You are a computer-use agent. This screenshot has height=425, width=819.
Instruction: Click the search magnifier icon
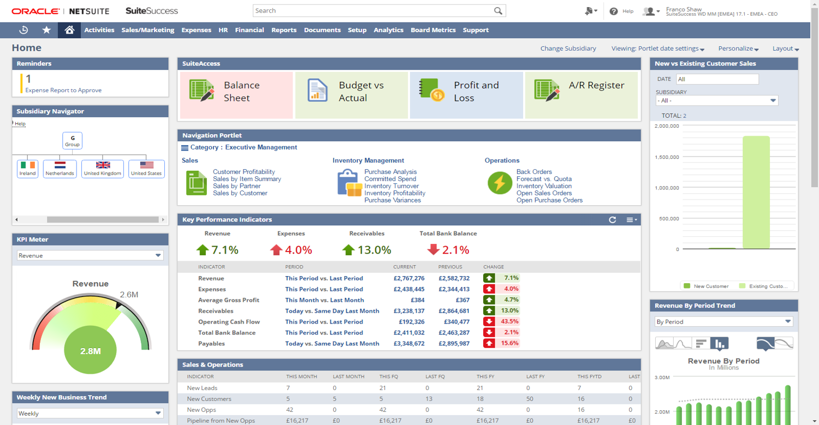[498, 11]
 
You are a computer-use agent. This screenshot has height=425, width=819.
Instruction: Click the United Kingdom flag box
[103, 169]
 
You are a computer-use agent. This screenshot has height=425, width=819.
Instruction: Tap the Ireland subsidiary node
[27, 169]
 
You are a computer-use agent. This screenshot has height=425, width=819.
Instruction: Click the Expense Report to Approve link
[63, 91]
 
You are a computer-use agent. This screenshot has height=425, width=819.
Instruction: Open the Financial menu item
[250, 30]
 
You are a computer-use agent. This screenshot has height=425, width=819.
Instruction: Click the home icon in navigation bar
[69, 30]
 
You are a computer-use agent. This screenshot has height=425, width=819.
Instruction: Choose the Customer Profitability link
[244, 172]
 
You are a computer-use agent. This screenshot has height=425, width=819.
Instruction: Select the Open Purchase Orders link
[549, 200]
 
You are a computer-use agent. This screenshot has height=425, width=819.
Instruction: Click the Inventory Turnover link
[391, 186]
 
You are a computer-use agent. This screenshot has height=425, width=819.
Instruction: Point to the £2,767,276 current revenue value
[408, 278]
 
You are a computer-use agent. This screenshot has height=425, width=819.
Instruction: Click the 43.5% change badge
[501, 322]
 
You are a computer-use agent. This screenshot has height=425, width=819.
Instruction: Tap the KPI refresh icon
[613, 220]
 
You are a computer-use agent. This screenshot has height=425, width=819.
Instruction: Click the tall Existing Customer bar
[756, 192]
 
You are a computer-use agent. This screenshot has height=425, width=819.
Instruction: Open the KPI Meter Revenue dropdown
[90, 255]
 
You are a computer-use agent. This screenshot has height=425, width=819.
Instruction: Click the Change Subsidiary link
[568, 49]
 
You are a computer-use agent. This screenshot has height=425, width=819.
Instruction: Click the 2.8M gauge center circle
[90, 351]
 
